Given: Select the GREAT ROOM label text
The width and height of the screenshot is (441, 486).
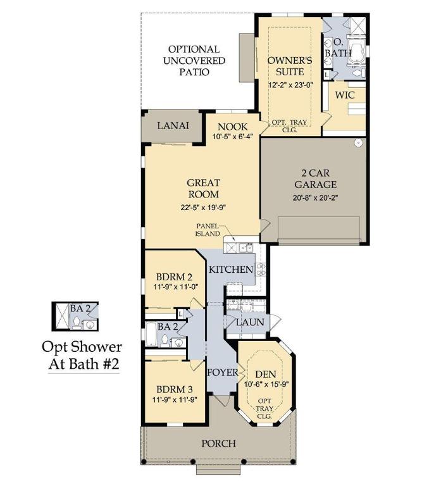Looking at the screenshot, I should tap(203, 189).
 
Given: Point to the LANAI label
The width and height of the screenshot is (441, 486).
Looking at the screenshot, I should tap(173, 125).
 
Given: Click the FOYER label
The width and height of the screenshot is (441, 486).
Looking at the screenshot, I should tap(223, 372).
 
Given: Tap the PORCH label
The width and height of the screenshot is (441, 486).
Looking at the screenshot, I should tap(218, 443).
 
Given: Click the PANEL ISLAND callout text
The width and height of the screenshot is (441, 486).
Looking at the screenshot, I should tap(208, 229).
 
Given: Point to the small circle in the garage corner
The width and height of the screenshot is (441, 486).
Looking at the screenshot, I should tap(359, 143).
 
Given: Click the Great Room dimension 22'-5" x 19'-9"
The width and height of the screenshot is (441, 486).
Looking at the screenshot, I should tap(203, 208).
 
